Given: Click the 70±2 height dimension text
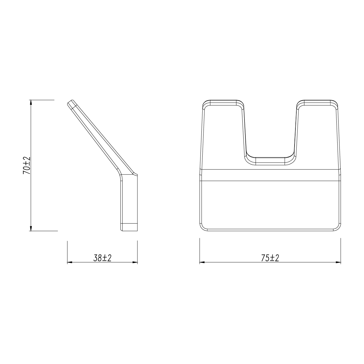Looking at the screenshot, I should click(x=27, y=165).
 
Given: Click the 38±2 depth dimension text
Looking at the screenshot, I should click(x=103, y=258).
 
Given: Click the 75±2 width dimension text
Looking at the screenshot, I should click(x=270, y=258).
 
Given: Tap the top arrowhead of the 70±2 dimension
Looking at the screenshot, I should click(x=31, y=102).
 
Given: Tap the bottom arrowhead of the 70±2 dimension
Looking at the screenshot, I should click(x=31, y=228).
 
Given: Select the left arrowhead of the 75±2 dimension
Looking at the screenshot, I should click(x=202, y=262).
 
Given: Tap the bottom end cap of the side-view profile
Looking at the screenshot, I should click(x=130, y=227).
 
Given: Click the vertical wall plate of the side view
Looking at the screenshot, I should click(x=130, y=200).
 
